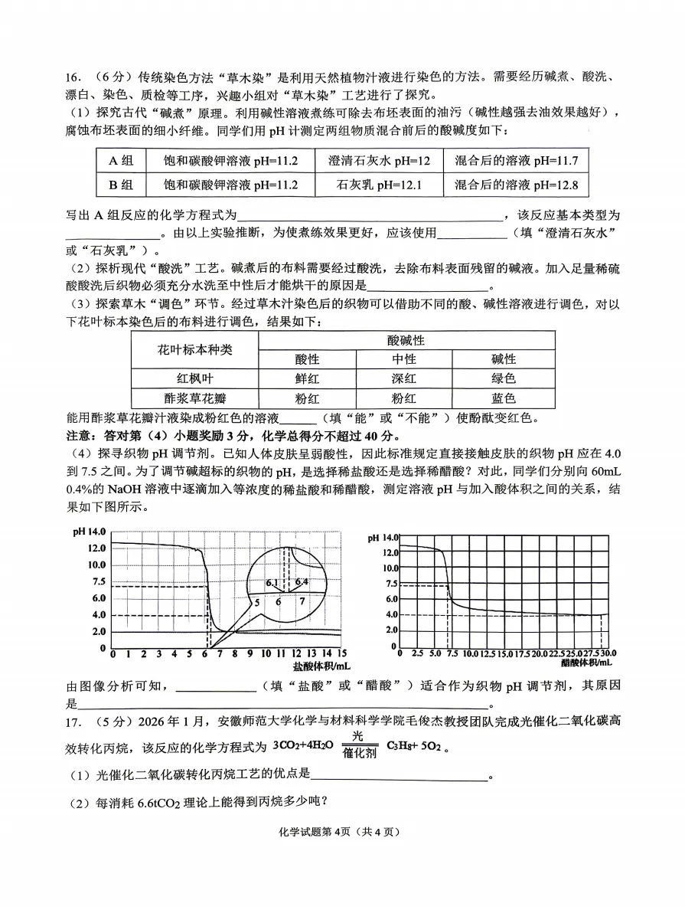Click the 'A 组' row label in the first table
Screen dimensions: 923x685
coord(121,160)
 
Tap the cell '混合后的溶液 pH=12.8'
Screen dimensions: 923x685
coord(516,185)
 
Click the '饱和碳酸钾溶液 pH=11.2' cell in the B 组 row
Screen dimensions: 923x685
coord(231,185)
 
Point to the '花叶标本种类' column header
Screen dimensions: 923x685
coord(194,349)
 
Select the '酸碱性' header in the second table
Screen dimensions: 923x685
coord(406,340)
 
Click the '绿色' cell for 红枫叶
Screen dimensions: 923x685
coord(503,378)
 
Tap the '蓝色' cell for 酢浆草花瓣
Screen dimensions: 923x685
coord(503,398)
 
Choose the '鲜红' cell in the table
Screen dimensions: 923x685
coord(307,378)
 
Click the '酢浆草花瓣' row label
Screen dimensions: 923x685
coord(194,398)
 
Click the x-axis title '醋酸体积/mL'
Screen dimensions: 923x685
coord(586,662)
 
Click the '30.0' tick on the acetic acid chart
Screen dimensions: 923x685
coord(608,653)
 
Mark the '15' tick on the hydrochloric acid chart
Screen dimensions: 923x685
coord(341,653)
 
